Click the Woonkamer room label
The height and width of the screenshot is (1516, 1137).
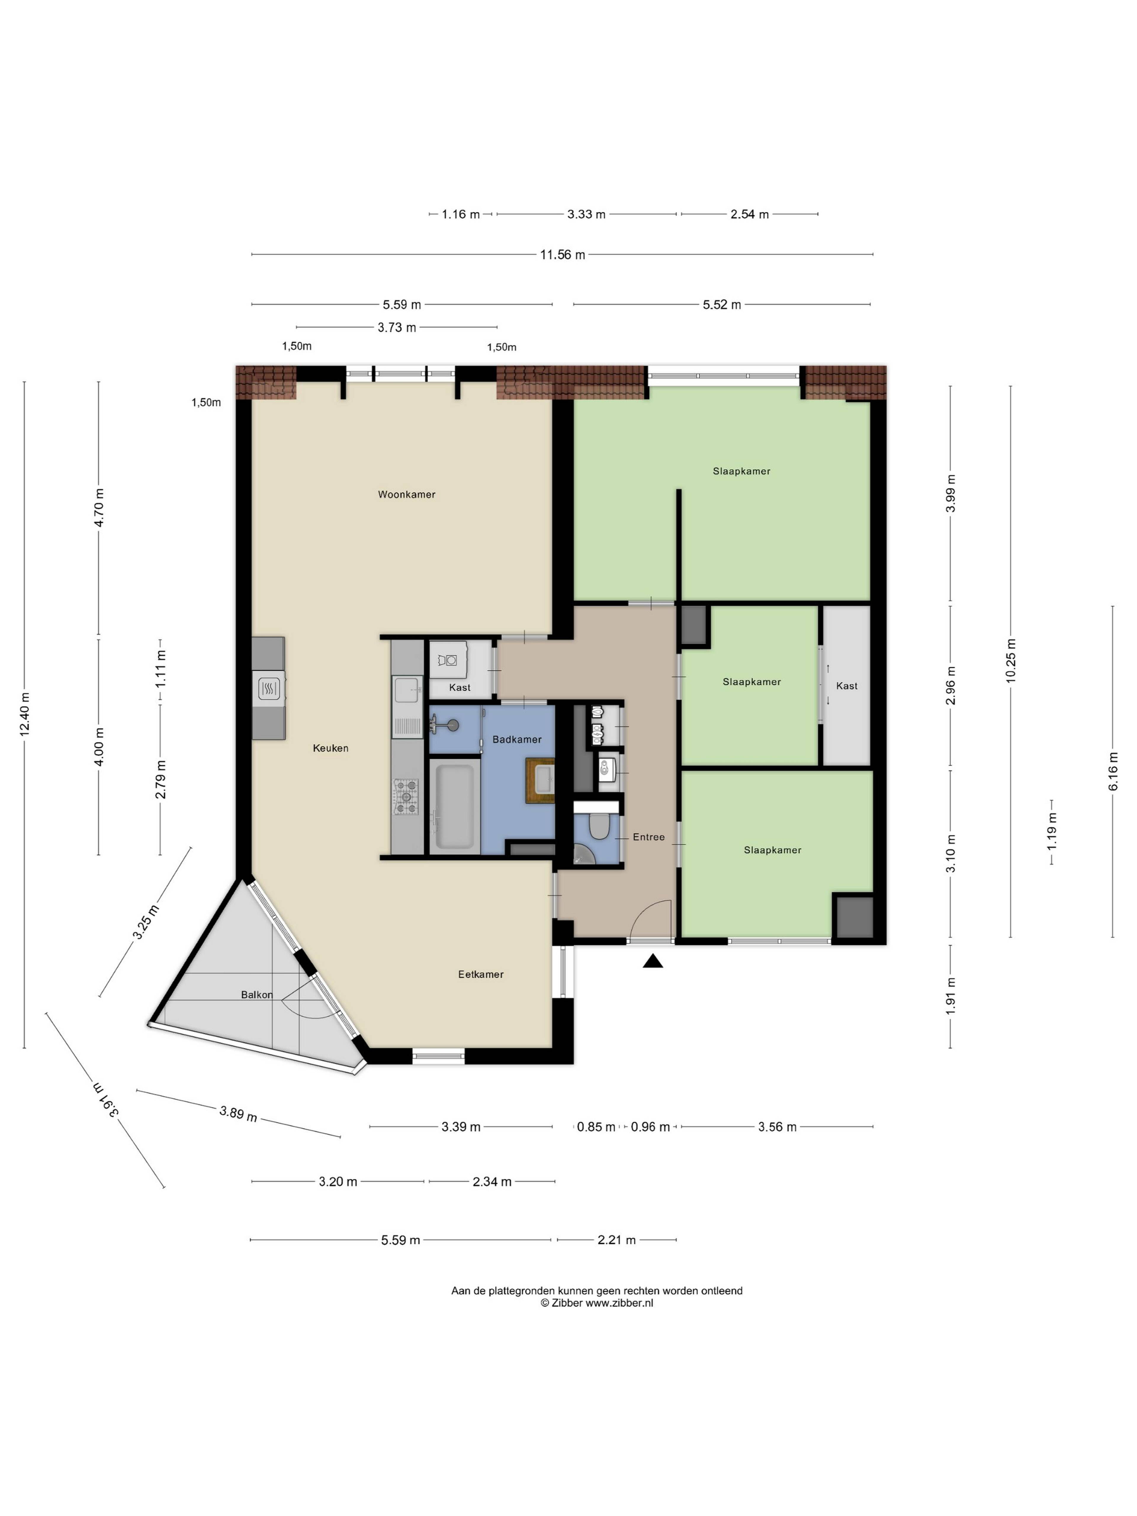click(x=407, y=494)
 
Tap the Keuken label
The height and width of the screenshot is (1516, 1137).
click(x=330, y=748)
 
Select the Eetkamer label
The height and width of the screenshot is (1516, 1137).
click(x=481, y=974)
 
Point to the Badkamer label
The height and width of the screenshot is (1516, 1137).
click(x=517, y=739)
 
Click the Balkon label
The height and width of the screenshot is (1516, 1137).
click(x=256, y=995)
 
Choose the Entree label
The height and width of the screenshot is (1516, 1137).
click(x=648, y=836)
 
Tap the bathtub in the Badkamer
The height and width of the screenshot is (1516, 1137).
click(x=455, y=805)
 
